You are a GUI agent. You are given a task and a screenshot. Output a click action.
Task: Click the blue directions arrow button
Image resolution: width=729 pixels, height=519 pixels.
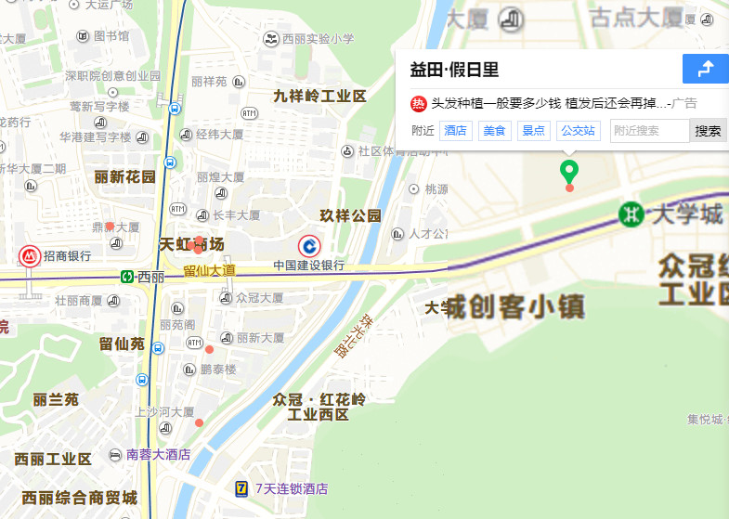tap(706, 69)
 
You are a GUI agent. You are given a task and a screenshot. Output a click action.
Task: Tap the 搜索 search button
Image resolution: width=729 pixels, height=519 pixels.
tap(708, 131)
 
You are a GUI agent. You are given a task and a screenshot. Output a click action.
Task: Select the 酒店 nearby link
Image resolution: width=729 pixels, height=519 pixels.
tap(456, 131)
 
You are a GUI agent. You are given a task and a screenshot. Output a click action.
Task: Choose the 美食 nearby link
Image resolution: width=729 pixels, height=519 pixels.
tap(494, 131)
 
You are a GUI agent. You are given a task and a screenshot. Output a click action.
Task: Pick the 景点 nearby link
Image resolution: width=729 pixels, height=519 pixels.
tap(533, 131)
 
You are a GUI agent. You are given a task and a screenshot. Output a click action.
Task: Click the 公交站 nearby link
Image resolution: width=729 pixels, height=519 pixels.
tap(579, 131)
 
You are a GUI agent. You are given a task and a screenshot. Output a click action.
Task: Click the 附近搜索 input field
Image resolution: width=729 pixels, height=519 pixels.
tap(649, 131)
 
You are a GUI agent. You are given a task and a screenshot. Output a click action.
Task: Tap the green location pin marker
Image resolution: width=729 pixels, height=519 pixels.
tap(569, 172)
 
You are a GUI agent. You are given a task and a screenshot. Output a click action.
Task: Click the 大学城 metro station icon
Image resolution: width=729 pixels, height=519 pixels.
tap(632, 214)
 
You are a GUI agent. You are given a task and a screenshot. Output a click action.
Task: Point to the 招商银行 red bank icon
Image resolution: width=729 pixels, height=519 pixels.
tap(30, 256)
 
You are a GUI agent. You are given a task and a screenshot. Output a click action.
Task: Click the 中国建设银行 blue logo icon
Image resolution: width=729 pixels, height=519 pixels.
tap(308, 247)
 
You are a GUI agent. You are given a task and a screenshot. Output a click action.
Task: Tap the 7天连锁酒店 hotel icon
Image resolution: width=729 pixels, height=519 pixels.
tap(241, 488)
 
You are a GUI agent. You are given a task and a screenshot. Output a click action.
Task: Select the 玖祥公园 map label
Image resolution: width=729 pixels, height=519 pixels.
tap(351, 215)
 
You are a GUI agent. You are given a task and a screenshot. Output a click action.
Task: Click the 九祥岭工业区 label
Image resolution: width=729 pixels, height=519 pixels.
tap(319, 97)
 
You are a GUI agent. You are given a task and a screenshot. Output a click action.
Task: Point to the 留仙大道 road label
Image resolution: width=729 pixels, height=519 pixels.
tap(209, 270)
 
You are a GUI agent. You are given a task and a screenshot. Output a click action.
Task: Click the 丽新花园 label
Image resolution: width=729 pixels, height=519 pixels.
tap(124, 176)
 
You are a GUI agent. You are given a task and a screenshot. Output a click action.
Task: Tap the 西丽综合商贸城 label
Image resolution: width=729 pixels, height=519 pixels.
tap(79, 497)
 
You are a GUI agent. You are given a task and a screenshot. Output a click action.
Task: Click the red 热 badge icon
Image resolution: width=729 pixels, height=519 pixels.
tap(418, 103)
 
